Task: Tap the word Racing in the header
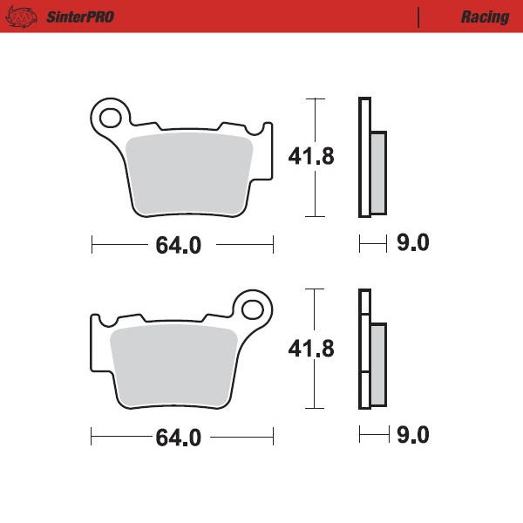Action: click(485, 17)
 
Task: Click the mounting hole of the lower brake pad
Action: click(254, 308)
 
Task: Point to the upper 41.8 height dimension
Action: click(311, 156)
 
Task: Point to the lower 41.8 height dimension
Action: click(311, 349)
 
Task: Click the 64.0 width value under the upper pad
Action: click(178, 246)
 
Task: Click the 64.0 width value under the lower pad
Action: click(178, 437)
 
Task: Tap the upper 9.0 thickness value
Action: click(413, 243)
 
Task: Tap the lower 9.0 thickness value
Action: click(413, 435)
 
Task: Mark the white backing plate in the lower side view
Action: click(363, 349)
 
